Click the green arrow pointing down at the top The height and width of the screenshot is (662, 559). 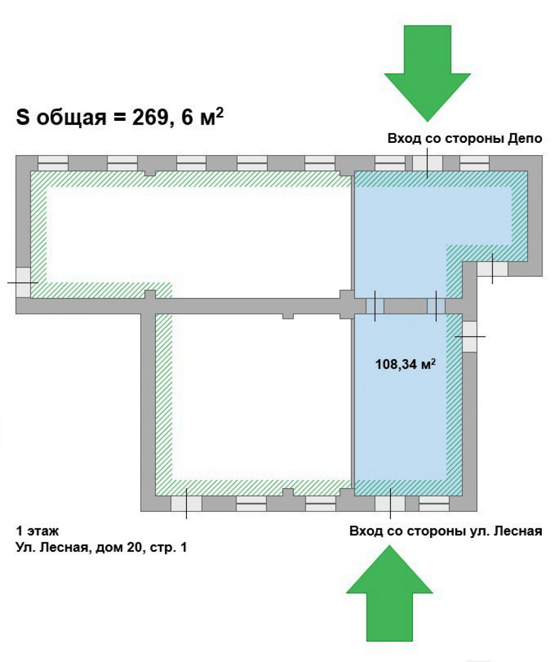(x=427, y=73)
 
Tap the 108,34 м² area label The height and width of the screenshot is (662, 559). (x=405, y=364)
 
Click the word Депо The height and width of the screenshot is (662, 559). (x=525, y=139)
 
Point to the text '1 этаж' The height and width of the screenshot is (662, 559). (x=37, y=531)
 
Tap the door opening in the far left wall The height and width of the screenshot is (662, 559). (x=23, y=282)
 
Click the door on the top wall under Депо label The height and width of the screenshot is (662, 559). (x=427, y=163)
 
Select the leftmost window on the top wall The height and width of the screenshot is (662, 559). (x=53, y=163)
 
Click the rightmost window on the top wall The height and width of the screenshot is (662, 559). (x=475, y=163)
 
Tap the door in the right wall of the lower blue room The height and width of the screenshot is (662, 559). (x=470, y=337)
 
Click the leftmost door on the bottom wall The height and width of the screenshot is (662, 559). (x=186, y=504)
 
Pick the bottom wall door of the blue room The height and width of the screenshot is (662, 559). (x=390, y=504)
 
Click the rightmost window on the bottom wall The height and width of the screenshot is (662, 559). (x=434, y=504)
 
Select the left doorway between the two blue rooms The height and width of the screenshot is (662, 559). (x=375, y=306)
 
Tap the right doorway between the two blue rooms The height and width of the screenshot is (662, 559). (x=436, y=306)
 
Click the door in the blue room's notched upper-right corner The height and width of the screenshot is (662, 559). (x=492, y=269)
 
